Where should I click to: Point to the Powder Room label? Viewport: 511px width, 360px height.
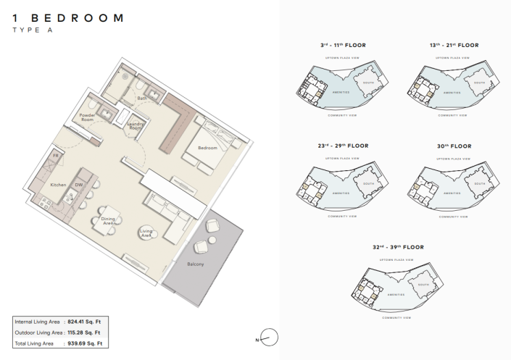click(88, 117)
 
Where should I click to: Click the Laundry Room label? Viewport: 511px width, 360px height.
click(136, 125)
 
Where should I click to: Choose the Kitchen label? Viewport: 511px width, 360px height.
click(58, 185)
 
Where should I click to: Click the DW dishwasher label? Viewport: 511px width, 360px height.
click(78, 185)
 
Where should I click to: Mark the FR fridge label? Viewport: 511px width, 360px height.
click(55, 156)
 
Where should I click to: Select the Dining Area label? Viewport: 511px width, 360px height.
click(109, 221)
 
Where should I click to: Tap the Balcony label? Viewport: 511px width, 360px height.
click(195, 264)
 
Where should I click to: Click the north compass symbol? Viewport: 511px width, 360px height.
click(269, 338)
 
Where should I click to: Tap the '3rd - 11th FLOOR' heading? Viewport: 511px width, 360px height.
click(342, 45)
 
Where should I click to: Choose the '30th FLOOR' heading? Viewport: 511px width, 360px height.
click(454, 146)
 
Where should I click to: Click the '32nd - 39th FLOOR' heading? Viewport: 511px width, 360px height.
click(398, 247)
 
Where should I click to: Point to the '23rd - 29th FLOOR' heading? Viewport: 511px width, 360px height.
click(342, 146)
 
